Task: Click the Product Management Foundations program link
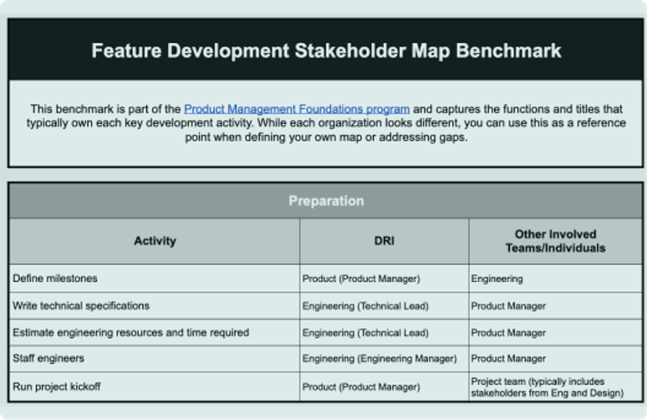tap(297, 109)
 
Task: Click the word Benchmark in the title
tap(509, 51)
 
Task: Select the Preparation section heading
tap(326, 201)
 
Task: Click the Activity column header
tap(155, 241)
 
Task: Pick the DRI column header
tap(384, 241)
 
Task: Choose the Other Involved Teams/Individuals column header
tap(556, 241)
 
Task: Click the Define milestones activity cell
tap(55, 279)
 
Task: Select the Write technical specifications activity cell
tap(81, 306)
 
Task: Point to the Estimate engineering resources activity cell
tap(131, 332)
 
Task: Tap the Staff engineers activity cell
tap(48, 358)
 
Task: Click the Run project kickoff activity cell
tap(57, 386)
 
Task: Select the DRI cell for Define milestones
tap(361, 279)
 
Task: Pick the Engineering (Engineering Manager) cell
tap(379, 359)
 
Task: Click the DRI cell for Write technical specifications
tap(365, 306)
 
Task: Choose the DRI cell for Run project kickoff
tap(361, 387)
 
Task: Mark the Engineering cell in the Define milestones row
tap(497, 279)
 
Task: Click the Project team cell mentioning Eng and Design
tap(547, 387)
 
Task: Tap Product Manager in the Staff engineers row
tap(508, 359)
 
